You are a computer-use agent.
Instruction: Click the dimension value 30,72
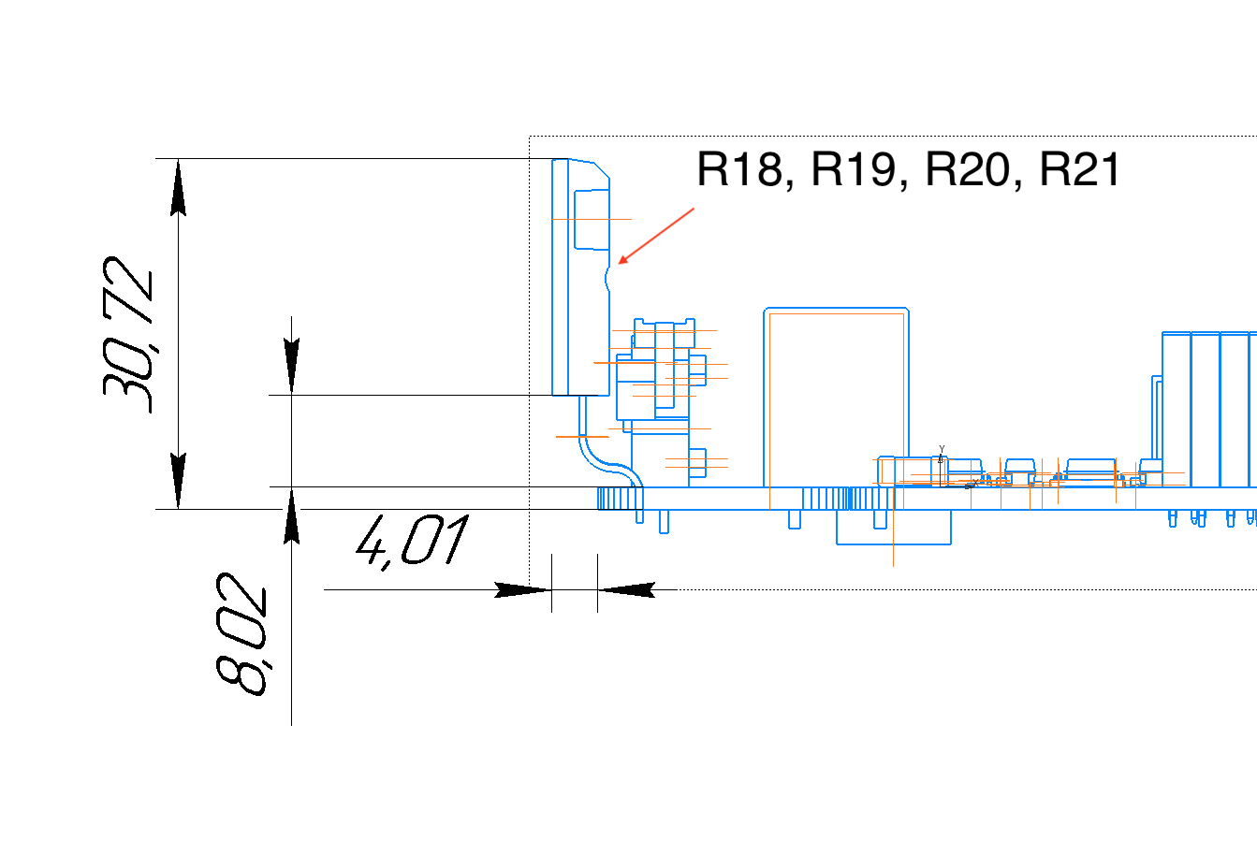[x=128, y=334]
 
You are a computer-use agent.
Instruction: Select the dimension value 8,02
[x=241, y=641]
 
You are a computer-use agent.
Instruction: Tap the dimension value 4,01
[x=412, y=543]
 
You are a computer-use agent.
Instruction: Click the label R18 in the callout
[x=739, y=170]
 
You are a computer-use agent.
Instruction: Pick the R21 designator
[x=1080, y=170]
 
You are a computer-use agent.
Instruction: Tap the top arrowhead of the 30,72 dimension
[x=178, y=187]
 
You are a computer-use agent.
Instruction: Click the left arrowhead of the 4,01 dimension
[x=522, y=589]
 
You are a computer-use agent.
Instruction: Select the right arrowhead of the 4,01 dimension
[x=626, y=589]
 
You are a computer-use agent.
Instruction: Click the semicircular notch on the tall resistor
[x=608, y=276]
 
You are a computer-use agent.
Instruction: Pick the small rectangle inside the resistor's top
[x=591, y=220]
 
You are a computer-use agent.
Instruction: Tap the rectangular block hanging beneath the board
[x=893, y=528]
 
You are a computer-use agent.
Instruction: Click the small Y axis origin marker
[x=941, y=456]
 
